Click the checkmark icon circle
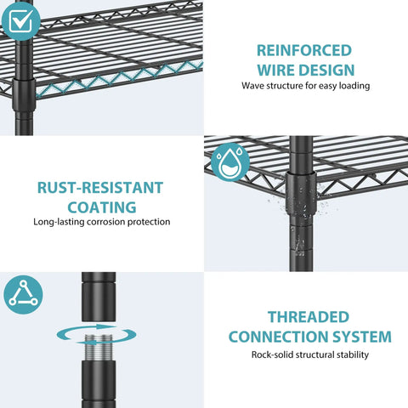pyautogui.click(x=20, y=21)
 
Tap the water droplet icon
pyautogui.click(x=230, y=162)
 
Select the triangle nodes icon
pyautogui.click(x=23, y=295)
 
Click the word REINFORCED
pyautogui.click(x=304, y=51)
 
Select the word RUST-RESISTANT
pyautogui.click(x=100, y=188)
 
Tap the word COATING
pyautogui.click(x=102, y=207)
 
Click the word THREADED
pyautogui.click(x=309, y=317)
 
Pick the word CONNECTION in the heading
pyautogui.click(x=278, y=337)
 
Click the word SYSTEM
pyautogui.click(x=362, y=337)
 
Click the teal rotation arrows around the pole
pyautogui.click(x=96, y=334)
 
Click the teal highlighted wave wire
pyautogui.click(x=120, y=78)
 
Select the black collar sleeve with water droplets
pyautogui.click(x=301, y=193)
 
